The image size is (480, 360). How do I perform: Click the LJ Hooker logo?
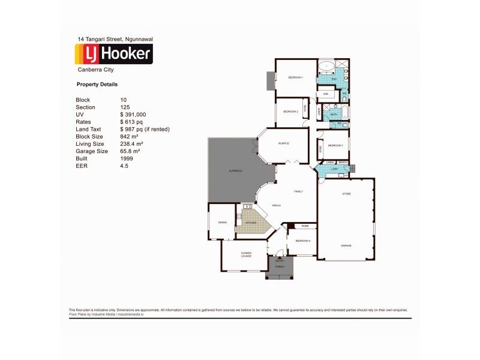click(x=113, y=54)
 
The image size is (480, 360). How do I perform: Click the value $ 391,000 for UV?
click(x=133, y=114)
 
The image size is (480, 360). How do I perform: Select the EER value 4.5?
click(x=124, y=166)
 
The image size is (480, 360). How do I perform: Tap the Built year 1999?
click(x=127, y=159)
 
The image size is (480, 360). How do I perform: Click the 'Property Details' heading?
click(x=97, y=85)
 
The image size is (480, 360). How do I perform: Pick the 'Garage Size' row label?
click(x=92, y=151)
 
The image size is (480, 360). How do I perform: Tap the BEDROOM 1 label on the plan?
click(x=296, y=77)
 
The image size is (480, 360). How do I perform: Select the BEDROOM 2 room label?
click(x=291, y=112)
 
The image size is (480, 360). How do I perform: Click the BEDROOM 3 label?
click(x=335, y=145)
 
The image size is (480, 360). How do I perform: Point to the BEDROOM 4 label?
click(x=302, y=241)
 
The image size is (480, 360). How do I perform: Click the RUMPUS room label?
click(x=284, y=143)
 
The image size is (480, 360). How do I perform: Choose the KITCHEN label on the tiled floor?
click(x=250, y=223)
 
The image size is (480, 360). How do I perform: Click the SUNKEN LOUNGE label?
click(x=247, y=254)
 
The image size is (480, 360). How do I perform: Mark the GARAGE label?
click(x=346, y=245)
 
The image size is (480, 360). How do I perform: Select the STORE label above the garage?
click(x=346, y=194)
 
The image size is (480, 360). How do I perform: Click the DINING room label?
click(x=222, y=223)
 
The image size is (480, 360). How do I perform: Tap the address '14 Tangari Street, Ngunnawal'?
click(x=115, y=39)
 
